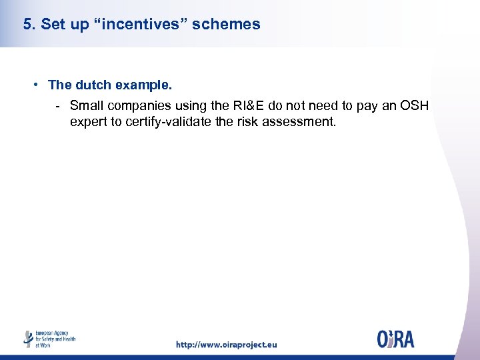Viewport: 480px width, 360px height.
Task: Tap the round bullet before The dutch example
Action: [x=39, y=85]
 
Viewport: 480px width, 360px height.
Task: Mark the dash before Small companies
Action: [x=59, y=105]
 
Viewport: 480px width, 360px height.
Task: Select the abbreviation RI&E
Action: [x=249, y=105]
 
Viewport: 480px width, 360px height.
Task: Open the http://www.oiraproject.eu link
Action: [x=226, y=345]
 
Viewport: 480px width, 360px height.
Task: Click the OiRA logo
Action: [x=395, y=339]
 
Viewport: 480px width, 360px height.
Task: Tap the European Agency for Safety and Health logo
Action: [x=49, y=339]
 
